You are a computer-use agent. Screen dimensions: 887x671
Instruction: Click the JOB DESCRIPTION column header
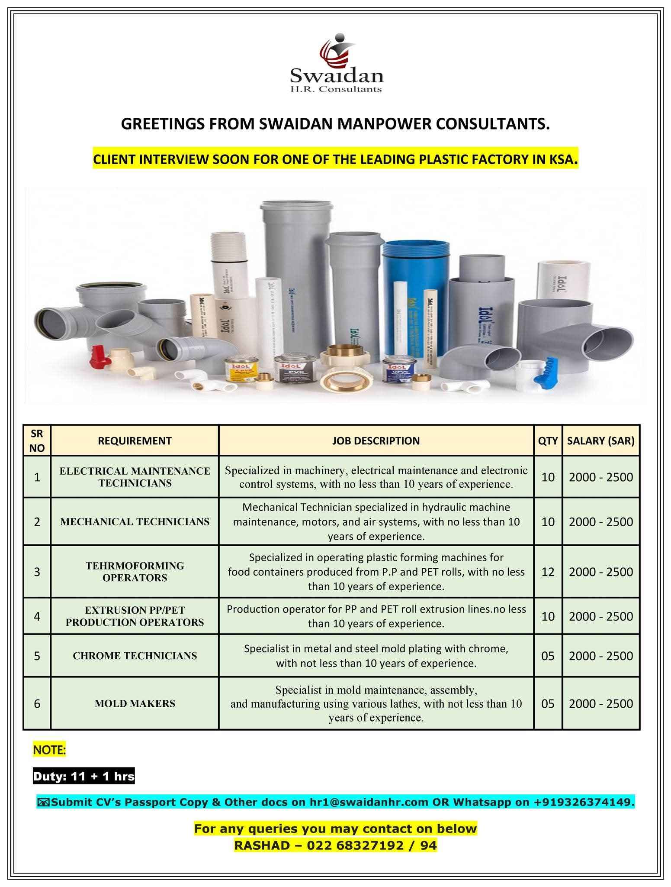(x=376, y=441)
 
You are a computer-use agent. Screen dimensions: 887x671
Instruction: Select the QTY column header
(x=547, y=441)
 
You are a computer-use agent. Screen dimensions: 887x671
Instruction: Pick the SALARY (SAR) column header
(x=600, y=441)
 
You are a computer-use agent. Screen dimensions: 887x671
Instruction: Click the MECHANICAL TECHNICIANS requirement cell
(x=135, y=521)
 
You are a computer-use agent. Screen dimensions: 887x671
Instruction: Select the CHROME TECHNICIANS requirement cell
(x=135, y=656)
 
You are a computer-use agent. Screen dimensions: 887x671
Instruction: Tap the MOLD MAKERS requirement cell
(x=135, y=703)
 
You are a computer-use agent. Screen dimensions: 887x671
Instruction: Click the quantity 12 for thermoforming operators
(x=547, y=572)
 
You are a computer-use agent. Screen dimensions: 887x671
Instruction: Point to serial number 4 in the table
(x=37, y=616)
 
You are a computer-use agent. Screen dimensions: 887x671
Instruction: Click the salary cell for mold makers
(x=600, y=703)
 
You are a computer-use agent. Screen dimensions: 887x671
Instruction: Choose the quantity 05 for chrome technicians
(x=547, y=656)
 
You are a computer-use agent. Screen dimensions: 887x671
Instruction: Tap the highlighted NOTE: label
(x=49, y=750)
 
